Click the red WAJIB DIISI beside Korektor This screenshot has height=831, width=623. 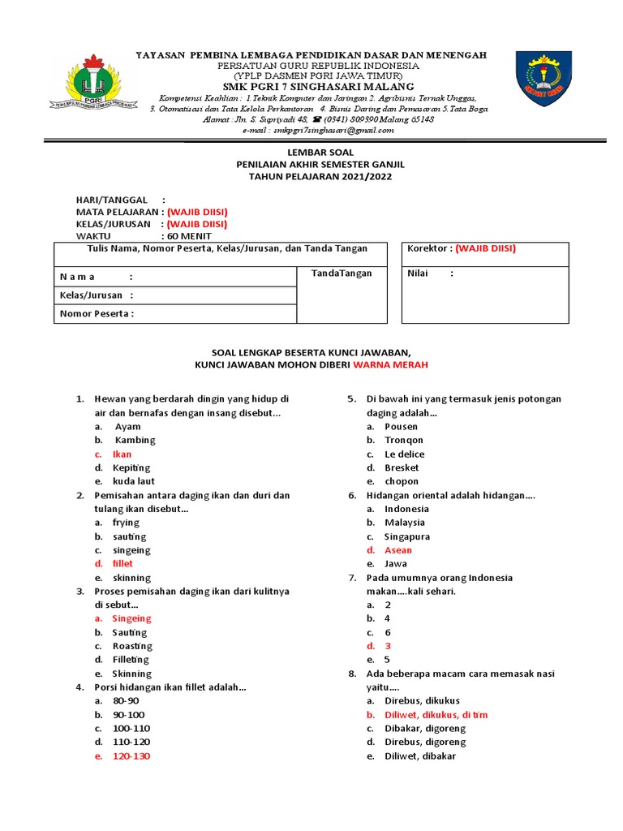[x=485, y=248]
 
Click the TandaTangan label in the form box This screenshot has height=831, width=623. [x=342, y=273]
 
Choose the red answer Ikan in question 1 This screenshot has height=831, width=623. [x=122, y=454]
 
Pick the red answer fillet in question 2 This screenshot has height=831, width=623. [x=122, y=563]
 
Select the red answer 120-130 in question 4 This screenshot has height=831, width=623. [x=131, y=756]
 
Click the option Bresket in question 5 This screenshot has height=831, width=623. [x=402, y=467]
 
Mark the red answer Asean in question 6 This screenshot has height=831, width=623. [x=398, y=550]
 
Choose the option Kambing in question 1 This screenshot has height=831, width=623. [x=135, y=440]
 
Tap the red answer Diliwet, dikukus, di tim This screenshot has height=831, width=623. [x=436, y=715]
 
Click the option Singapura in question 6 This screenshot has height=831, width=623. [x=407, y=536]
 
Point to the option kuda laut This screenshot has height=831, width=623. [x=133, y=481]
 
